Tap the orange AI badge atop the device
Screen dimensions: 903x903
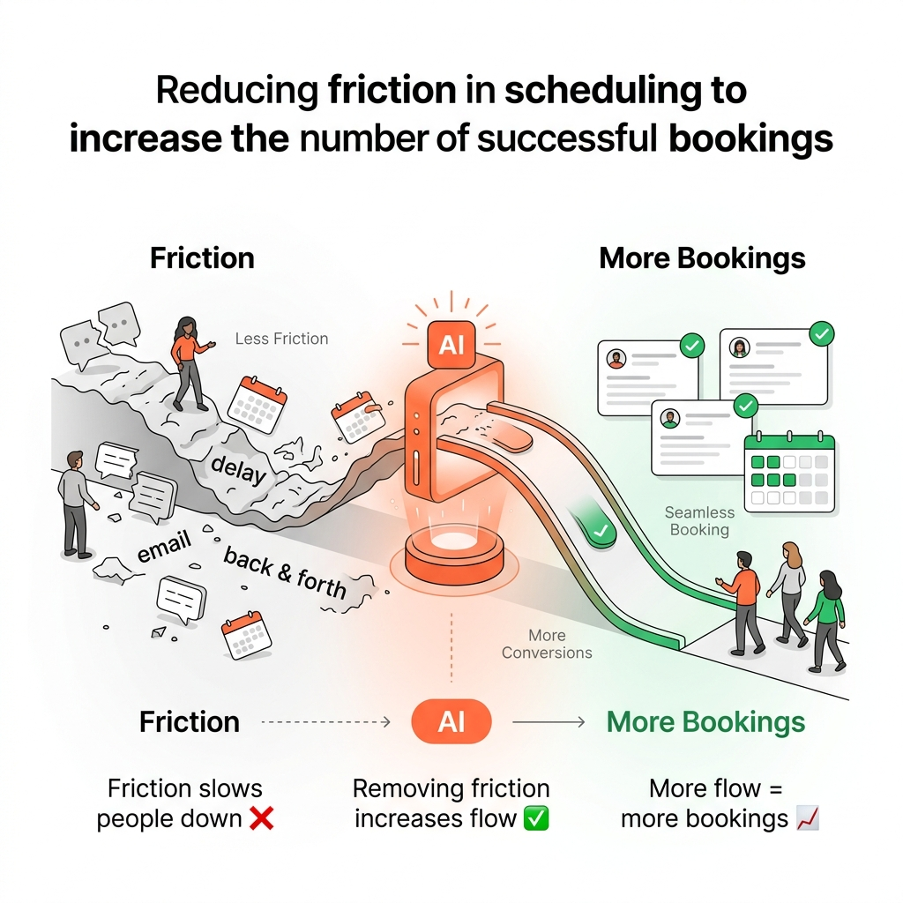coord(451,344)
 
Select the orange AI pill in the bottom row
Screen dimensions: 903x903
coord(451,722)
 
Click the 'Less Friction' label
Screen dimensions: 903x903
coord(281,339)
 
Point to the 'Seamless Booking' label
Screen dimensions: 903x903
coord(699,520)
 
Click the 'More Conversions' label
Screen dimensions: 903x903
coord(547,644)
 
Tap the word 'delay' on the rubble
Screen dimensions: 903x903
coord(238,472)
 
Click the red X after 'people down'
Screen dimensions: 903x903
coord(261,818)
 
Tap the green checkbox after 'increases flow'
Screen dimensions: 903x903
coord(535,818)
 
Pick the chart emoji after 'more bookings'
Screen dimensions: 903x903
coord(807,818)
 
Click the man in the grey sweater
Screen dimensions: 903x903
coord(78,503)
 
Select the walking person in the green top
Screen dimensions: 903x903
coord(825,617)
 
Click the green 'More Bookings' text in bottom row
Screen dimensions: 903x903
coord(705,722)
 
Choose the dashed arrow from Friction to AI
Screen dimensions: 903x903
coord(326,722)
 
